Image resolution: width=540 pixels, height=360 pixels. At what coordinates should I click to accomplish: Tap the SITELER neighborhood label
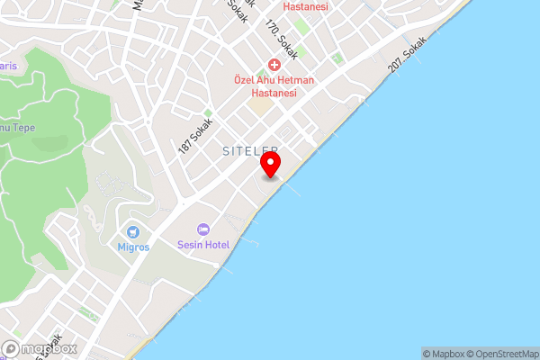pyautogui.click(x=251, y=152)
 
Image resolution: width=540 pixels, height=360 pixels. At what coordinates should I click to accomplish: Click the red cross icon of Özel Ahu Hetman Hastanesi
pyautogui.click(x=274, y=67)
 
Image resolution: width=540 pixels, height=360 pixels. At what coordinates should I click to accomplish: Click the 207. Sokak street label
pyautogui.click(x=406, y=61)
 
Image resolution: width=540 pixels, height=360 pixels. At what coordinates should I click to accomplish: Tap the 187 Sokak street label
pyautogui.click(x=195, y=135)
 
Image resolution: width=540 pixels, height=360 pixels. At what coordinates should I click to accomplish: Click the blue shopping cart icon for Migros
pyautogui.click(x=134, y=232)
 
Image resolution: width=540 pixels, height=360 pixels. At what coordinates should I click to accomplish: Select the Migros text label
pyautogui.click(x=134, y=247)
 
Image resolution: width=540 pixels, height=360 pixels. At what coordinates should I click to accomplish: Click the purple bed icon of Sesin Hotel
pyautogui.click(x=203, y=230)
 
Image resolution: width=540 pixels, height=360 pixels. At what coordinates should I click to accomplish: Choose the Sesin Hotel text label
pyautogui.click(x=203, y=245)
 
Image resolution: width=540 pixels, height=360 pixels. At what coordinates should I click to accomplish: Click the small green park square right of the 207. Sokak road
pyautogui.click(x=337, y=59)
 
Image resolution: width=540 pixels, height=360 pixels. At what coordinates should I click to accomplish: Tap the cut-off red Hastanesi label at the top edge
pyautogui.click(x=306, y=5)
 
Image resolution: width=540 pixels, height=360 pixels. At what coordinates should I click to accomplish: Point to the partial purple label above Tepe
pyautogui.click(x=8, y=66)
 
